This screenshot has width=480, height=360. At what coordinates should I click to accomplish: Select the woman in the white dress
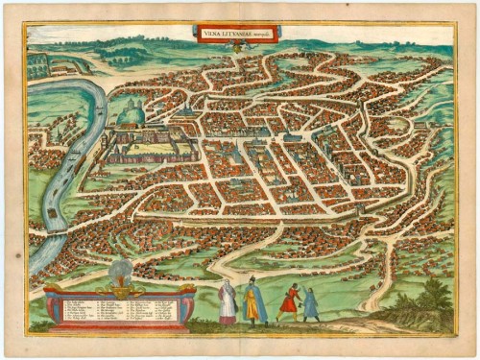pos(227,303)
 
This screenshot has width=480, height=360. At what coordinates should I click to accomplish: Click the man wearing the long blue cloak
pos(253,302)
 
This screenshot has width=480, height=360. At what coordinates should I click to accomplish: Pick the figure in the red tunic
pos(289,302)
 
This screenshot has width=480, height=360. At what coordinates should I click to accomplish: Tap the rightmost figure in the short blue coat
pos(311,304)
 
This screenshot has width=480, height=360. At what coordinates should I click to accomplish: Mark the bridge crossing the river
pos(54,231)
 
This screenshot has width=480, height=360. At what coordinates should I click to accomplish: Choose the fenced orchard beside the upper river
pos(38,65)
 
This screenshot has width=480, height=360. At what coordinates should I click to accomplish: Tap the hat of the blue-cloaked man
pos(252,279)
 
